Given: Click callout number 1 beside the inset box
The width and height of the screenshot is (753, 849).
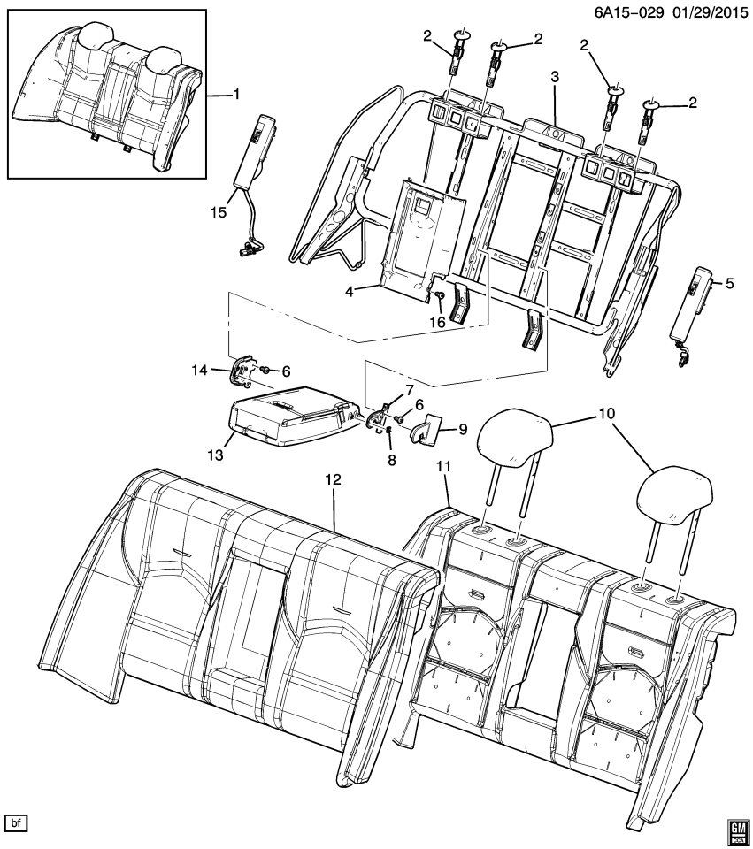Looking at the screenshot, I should (235, 94).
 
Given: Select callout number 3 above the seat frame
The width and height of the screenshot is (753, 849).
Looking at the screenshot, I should (555, 78).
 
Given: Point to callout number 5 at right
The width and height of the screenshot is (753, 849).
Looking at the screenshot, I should (730, 284).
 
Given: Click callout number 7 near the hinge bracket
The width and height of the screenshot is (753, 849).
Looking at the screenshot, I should (410, 390).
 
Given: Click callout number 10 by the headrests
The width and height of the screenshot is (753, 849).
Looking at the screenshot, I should (605, 413).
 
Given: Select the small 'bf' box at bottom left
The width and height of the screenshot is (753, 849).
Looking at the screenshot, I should (17, 823).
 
